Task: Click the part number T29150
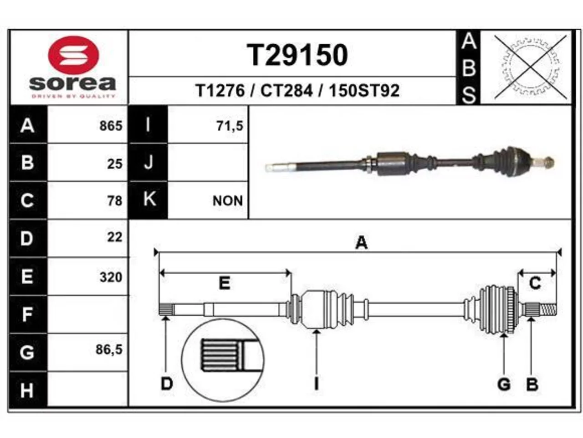pos(297,55)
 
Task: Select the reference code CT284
pos(286,91)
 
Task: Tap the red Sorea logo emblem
pos(73,55)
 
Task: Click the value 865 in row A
pos(111,126)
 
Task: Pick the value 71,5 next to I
pos(230,126)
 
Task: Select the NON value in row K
pos(228,201)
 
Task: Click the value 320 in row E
pos(111,277)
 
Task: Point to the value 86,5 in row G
pos(109,349)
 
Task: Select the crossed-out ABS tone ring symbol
pos(531,67)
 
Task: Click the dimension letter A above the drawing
pos(362,243)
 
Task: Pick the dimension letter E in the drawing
pos(225,283)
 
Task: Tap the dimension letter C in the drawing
pos(535,283)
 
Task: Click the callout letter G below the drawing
pos(504,385)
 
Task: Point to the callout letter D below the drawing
pos(167,384)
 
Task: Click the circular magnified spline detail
pos(223,360)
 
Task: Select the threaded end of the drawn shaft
pos(547,309)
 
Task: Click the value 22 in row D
pos(115,237)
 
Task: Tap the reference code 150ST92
pos(364,91)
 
